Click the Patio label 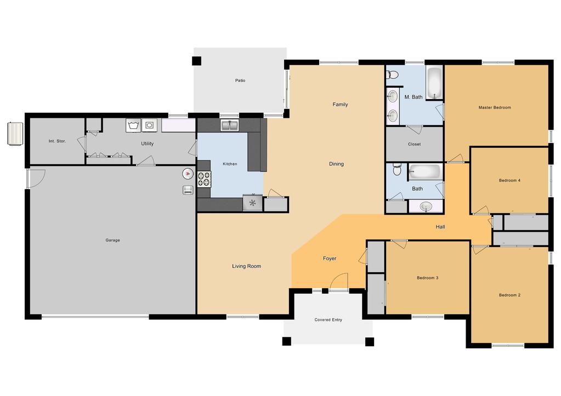coord(240,81)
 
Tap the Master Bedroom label coord(495,107)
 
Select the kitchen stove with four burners coord(205,179)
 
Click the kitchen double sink coord(230,125)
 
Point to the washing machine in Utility coord(133,125)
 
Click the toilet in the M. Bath coord(392,74)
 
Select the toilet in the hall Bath coord(397,169)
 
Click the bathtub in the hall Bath coord(424,171)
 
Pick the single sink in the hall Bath coord(426,206)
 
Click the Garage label coord(113,240)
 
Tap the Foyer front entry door coord(338,282)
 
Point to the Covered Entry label coord(328,320)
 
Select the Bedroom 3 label coord(428,278)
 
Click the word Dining coord(336,164)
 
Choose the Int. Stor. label coord(57,141)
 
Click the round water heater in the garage coord(188,174)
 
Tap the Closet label coord(415,144)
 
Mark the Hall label coord(440,227)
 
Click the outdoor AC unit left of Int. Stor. coord(15,134)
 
